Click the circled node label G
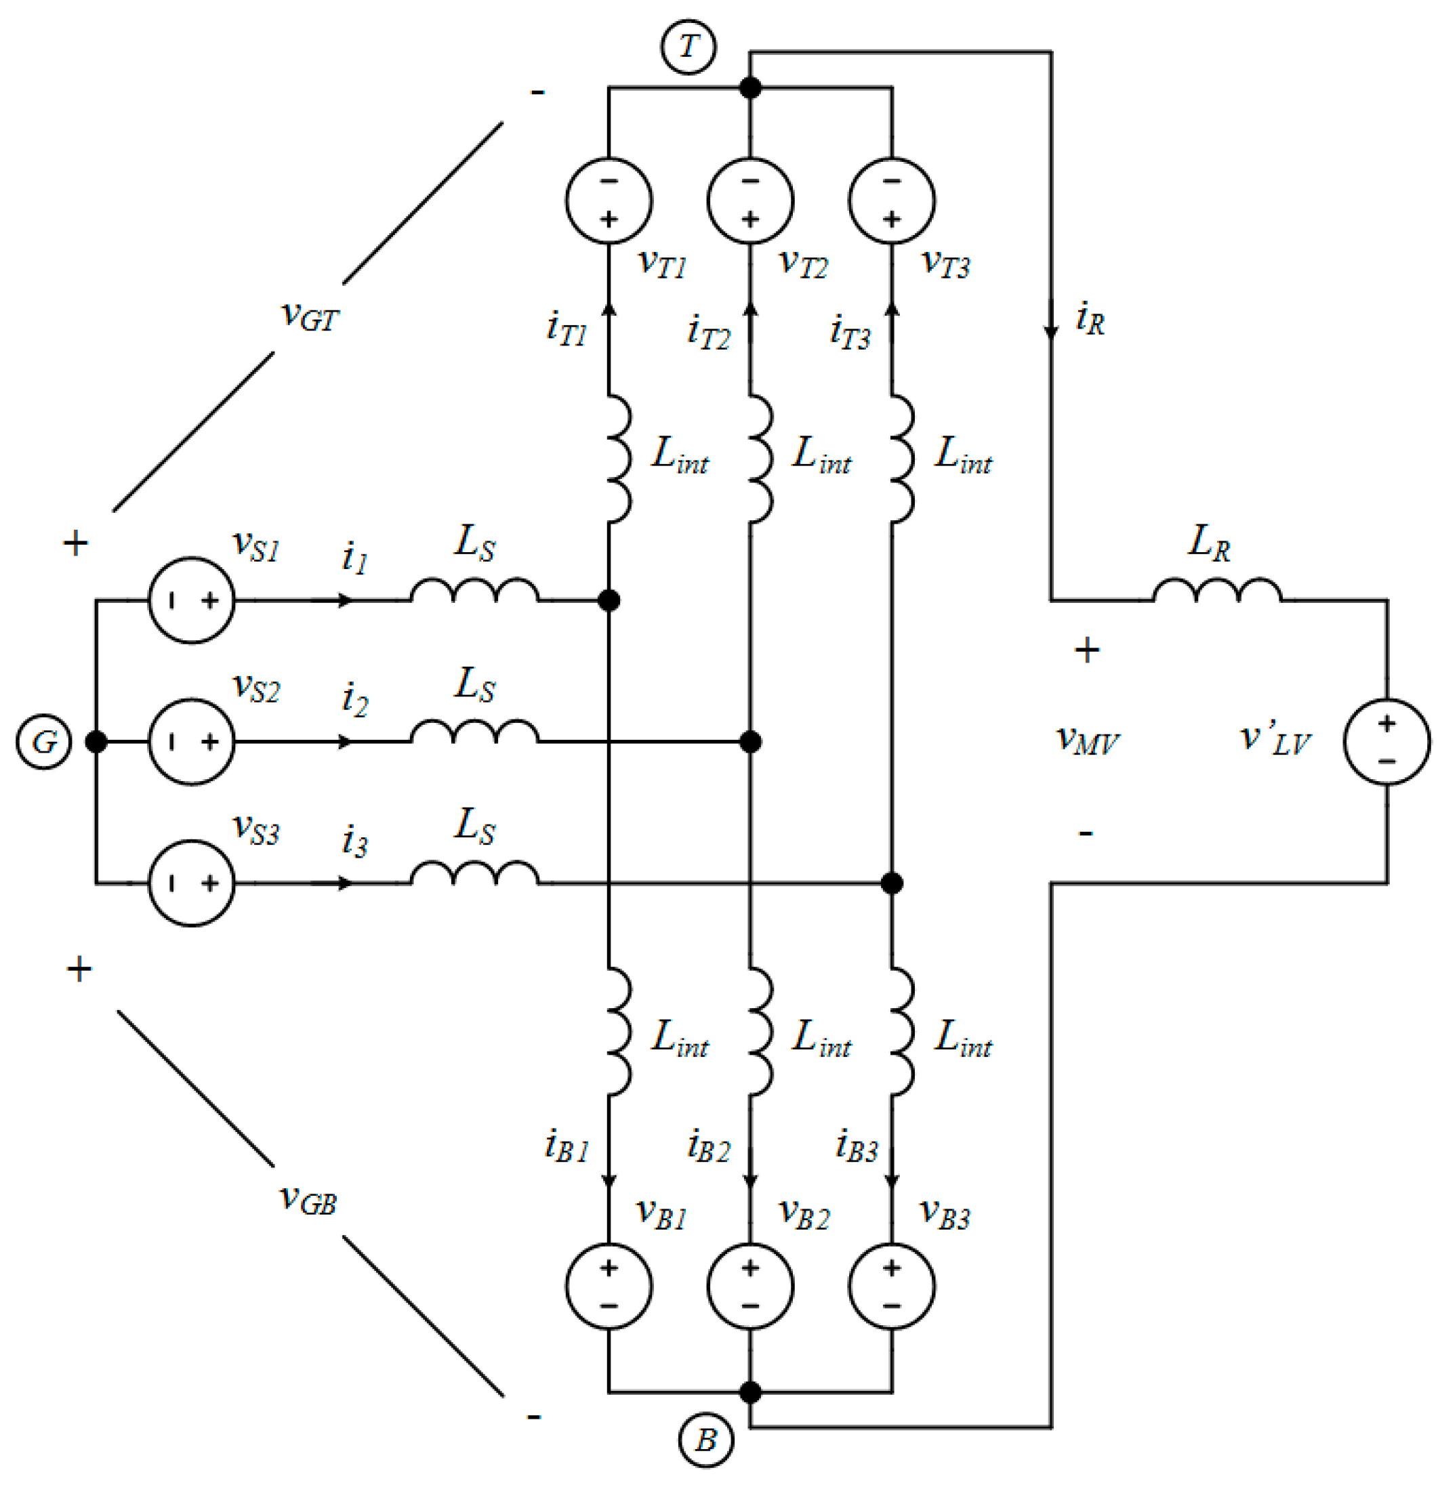44,742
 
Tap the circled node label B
705,1440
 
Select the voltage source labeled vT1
609,201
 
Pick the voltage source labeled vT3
892,201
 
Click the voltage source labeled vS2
191,742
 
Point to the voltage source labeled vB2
750,1287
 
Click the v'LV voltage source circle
1387,742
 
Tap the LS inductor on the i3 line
474,873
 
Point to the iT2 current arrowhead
750,309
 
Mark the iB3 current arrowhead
892,1180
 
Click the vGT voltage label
309,316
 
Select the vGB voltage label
308,1199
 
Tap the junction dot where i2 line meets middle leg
750,742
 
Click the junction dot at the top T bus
750,88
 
